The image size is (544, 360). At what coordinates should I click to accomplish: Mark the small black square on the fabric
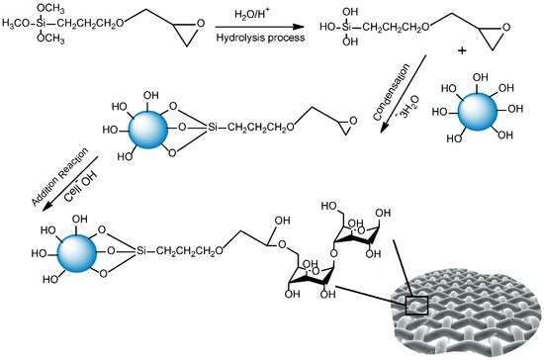412,305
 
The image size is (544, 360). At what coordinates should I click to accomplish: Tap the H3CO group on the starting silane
22,27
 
